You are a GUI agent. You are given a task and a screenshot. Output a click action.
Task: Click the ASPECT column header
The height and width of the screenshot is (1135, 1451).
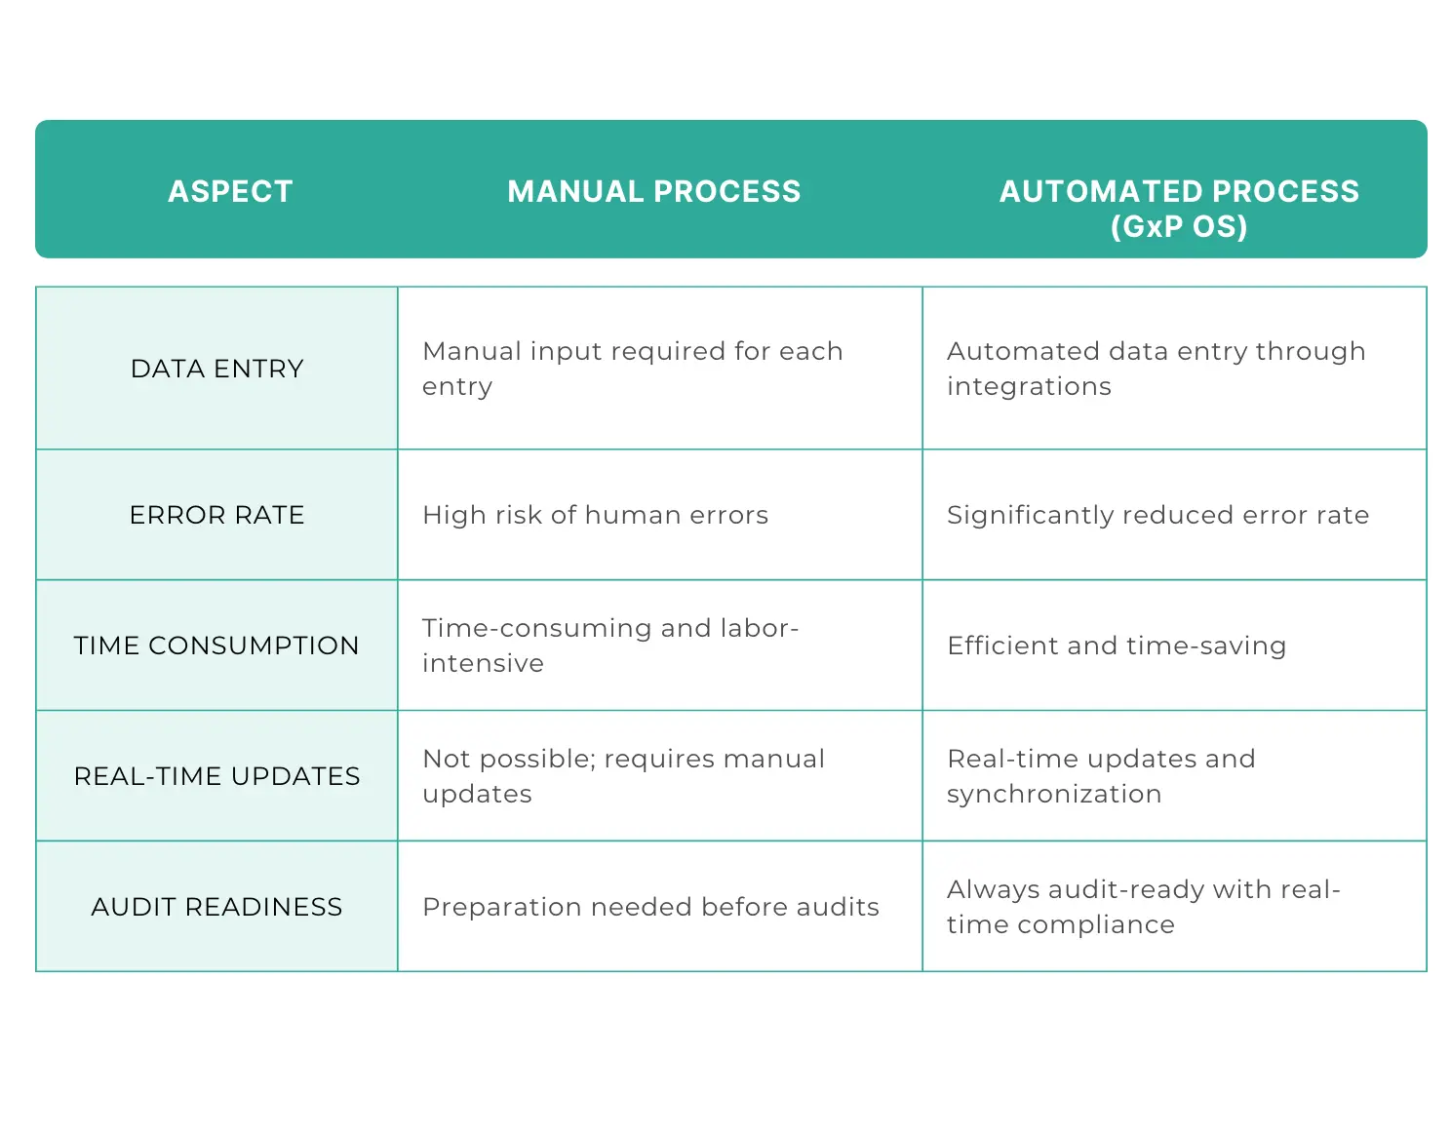click(230, 192)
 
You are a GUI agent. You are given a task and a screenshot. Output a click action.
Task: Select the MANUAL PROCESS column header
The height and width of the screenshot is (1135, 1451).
click(653, 192)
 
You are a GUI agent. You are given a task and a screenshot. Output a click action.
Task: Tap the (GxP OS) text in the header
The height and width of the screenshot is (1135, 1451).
click(1179, 227)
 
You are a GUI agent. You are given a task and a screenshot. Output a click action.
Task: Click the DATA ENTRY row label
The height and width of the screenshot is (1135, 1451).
click(217, 369)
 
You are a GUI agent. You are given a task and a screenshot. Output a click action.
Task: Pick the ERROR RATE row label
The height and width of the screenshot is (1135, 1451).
click(217, 515)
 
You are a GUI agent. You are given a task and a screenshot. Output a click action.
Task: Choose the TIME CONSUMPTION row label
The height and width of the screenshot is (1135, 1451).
click(216, 646)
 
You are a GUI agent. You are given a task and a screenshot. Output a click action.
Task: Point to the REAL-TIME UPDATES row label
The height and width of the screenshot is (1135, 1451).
click(217, 776)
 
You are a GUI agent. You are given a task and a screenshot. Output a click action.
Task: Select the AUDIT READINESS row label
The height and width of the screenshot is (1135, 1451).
click(217, 907)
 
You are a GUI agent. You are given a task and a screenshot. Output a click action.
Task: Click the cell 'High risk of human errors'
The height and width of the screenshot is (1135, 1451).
click(595, 515)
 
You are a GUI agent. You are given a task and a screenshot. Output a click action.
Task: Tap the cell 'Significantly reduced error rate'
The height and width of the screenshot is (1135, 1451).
click(1157, 516)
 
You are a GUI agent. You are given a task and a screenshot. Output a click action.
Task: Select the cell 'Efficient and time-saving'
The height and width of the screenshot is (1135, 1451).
click(1117, 646)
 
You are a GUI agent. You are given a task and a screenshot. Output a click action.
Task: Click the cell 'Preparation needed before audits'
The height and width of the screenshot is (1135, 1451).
click(651, 907)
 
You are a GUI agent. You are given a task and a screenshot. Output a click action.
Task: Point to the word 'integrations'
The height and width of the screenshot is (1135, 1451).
click(1029, 386)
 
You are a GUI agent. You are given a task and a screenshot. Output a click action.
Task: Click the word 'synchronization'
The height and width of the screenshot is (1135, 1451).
click(1054, 795)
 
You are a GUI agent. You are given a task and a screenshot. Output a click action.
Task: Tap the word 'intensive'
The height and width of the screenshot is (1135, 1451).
click(483, 663)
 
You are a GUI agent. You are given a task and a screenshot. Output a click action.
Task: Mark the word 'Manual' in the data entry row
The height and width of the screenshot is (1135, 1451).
click(471, 351)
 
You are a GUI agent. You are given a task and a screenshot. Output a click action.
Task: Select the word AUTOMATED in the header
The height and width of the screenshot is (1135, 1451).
click(1100, 192)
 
